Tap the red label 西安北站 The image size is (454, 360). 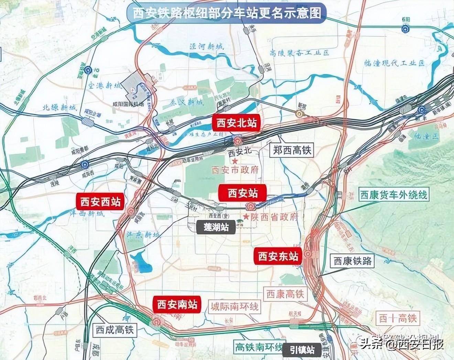pyautogui.click(x=236, y=123)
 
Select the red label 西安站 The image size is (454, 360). pyautogui.click(x=242, y=193)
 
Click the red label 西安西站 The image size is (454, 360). pyautogui.click(x=100, y=202)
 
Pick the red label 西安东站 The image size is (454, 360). pyautogui.click(x=278, y=256)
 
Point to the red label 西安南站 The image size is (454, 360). pyautogui.click(x=177, y=305)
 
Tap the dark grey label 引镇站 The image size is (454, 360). pyautogui.click(x=302, y=350)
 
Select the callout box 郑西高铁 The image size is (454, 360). pyautogui.click(x=292, y=150)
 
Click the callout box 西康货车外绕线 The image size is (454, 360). pyautogui.click(x=393, y=195)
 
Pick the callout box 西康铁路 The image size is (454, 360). pyautogui.click(x=353, y=261)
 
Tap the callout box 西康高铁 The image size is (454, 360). pyautogui.click(x=285, y=294)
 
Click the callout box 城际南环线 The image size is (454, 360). pyautogui.click(x=235, y=306)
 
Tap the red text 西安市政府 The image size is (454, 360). pyautogui.click(x=235, y=170)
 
